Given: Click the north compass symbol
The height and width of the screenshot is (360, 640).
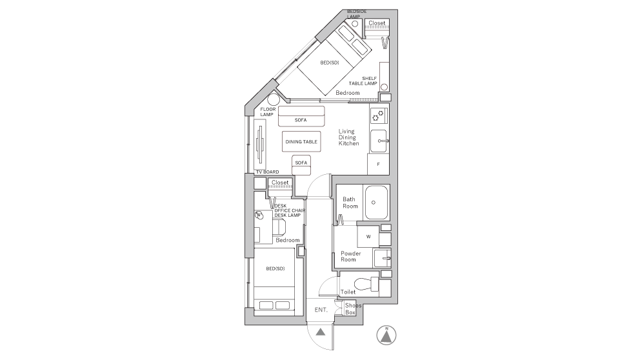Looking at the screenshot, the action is (x=386, y=335).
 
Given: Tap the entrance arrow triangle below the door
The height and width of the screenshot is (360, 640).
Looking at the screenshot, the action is (x=321, y=332).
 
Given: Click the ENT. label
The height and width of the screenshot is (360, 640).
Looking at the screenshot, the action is (x=321, y=310).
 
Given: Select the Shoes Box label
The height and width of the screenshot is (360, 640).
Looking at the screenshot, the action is (x=353, y=308).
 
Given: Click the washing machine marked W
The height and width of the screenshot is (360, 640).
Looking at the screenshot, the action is (x=368, y=236).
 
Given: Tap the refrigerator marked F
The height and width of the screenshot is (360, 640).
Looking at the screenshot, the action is (x=378, y=164).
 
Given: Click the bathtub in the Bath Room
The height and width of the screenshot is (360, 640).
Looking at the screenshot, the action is (x=376, y=203).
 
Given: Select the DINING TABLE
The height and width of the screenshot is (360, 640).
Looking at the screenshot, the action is (x=301, y=142).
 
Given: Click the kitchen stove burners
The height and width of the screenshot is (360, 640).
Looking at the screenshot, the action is (x=379, y=116).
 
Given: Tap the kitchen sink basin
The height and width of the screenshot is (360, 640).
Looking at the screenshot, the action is (x=379, y=141).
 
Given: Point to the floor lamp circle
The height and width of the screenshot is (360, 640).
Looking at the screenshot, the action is (x=273, y=100).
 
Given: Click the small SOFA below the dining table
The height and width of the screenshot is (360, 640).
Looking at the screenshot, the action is (x=301, y=165).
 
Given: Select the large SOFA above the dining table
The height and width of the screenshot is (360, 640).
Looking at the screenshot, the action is (x=301, y=116).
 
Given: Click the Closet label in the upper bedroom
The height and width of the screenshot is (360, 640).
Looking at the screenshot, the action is (x=377, y=23).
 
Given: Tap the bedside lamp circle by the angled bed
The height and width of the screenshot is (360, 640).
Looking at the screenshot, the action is (x=355, y=24).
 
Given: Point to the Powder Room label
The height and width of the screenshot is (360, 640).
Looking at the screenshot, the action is (x=350, y=256).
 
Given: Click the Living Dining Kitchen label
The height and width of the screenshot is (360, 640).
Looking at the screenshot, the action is (x=348, y=137).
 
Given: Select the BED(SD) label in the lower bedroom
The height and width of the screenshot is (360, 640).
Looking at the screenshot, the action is (x=275, y=268).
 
